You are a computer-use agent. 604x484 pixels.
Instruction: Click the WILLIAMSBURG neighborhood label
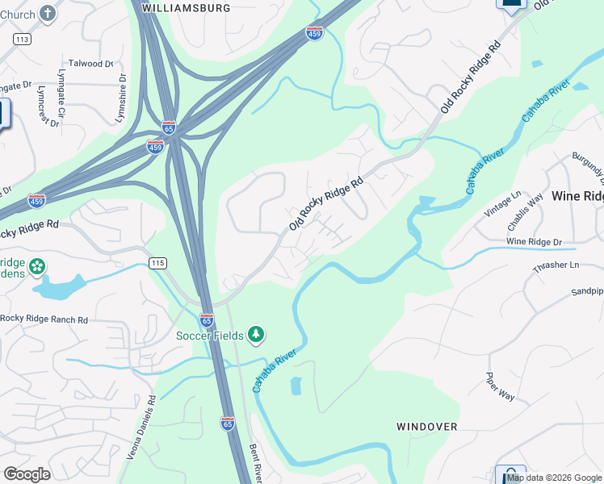tap(186, 7)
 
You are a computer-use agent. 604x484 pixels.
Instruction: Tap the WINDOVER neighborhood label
tap(427, 426)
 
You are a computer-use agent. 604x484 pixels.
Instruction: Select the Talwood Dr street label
tap(91, 63)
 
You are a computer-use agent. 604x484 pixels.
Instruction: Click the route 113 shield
tap(22, 39)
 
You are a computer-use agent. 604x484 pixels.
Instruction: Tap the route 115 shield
tap(158, 264)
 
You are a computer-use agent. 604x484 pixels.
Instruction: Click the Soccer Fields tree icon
tap(256, 334)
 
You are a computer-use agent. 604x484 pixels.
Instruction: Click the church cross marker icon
tap(48, 13)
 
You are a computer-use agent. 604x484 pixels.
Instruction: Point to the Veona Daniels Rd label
tap(137, 428)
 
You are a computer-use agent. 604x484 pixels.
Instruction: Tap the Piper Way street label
tap(500, 386)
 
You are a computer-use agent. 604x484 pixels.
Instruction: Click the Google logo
tap(27, 474)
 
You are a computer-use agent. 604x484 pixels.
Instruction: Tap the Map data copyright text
tap(555, 478)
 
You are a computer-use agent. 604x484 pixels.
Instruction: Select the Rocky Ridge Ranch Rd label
tap(44, 319)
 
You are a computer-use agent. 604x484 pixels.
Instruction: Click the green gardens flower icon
tap(37, 265)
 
